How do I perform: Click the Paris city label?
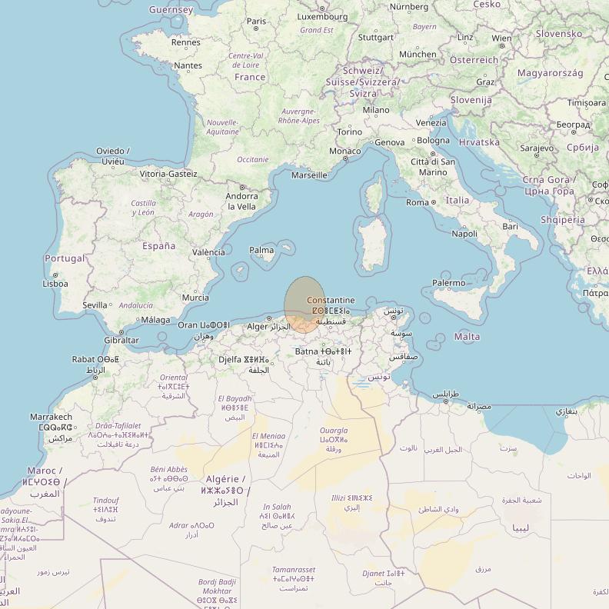257,22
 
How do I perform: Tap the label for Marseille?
309,175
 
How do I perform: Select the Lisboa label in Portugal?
55,284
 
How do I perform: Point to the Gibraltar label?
121,340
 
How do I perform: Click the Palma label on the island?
261,250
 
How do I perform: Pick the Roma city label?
418,202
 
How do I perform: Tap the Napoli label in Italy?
464,234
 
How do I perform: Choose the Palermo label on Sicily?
448,283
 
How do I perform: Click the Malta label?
468,337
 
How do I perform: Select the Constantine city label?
331,300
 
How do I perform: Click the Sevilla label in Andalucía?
95,305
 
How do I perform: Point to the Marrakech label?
51,417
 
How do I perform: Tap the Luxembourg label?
321,16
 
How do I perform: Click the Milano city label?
376,110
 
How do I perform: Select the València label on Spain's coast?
208,252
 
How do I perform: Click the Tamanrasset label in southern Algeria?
293,570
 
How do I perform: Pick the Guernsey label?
171,10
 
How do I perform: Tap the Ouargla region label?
334,431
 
